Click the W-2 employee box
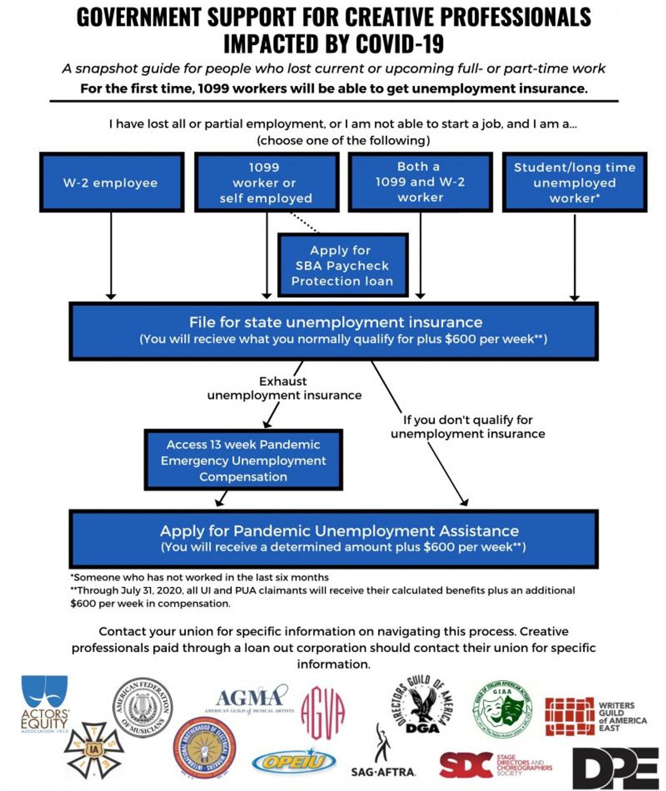(111, 183)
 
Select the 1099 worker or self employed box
(266, 183)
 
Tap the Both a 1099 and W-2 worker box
(420, 182)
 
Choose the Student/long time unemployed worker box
(574, 183)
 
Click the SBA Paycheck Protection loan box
(343, 265)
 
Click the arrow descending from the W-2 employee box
(111, 257)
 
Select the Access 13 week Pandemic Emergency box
(243, 460)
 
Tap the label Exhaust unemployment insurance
(284, 388)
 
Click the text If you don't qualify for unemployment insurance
(468, 427)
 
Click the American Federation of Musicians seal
(142, 707)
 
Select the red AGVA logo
(323, 712)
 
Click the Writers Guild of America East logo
(595, 716)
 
